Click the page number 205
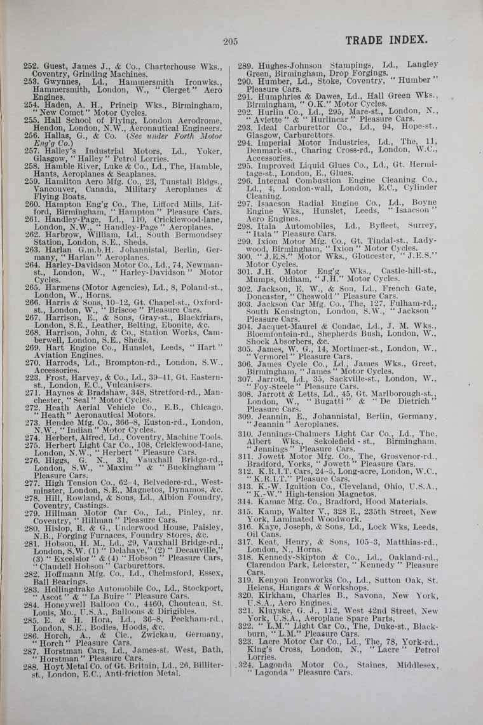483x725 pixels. point(230,42)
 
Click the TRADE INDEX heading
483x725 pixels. point(386,41)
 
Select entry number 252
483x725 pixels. point(31,66)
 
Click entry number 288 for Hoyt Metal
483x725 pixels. point(32,666)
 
